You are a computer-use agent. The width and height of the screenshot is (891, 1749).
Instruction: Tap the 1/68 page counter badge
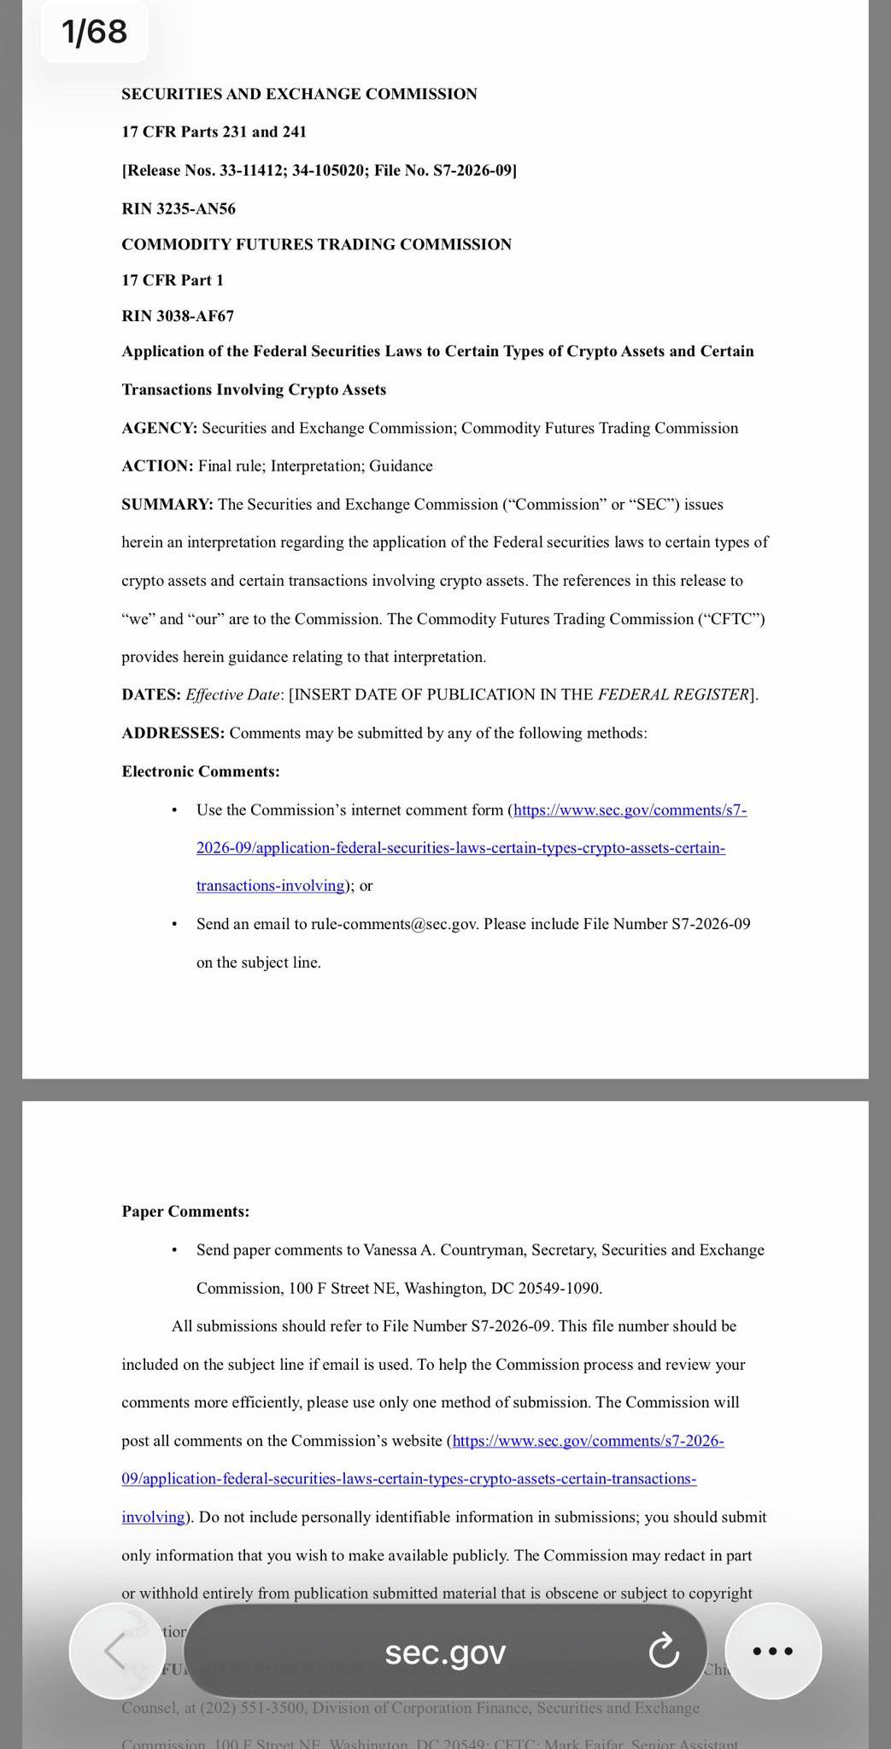(x=94, y=32)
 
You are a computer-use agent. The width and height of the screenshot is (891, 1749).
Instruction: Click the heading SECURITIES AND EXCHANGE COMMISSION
(x=299, y=94)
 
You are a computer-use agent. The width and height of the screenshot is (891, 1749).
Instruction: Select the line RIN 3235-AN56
(x=179, y=208)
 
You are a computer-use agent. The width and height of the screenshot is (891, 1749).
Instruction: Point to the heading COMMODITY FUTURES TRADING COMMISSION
(x=316, y=244)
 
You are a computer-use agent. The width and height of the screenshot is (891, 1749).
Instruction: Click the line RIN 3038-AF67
(x=178, y=316)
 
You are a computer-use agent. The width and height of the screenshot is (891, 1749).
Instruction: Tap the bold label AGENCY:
(x=160, y=428)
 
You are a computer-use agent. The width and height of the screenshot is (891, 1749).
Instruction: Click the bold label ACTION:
(x=158, y=465)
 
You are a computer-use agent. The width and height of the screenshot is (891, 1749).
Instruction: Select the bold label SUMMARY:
(x=167, y=504)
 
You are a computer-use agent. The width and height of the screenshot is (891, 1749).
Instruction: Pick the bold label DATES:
(x=151, y=694)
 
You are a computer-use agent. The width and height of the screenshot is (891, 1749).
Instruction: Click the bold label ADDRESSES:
(x=173, y=733)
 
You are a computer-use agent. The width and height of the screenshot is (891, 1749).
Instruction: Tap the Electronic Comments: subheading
(x=201, y=771)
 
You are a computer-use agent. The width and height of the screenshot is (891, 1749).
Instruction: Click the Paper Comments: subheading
(x=185, y=1211)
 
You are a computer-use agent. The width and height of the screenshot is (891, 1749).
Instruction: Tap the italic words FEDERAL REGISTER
(x=673, y=694)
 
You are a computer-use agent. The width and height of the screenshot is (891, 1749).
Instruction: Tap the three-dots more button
(x=773, y=1650)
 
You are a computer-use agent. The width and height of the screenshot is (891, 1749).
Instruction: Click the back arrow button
(x=116, y=1650)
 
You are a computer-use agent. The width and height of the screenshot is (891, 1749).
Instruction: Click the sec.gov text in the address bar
(x=445, y=1652)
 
